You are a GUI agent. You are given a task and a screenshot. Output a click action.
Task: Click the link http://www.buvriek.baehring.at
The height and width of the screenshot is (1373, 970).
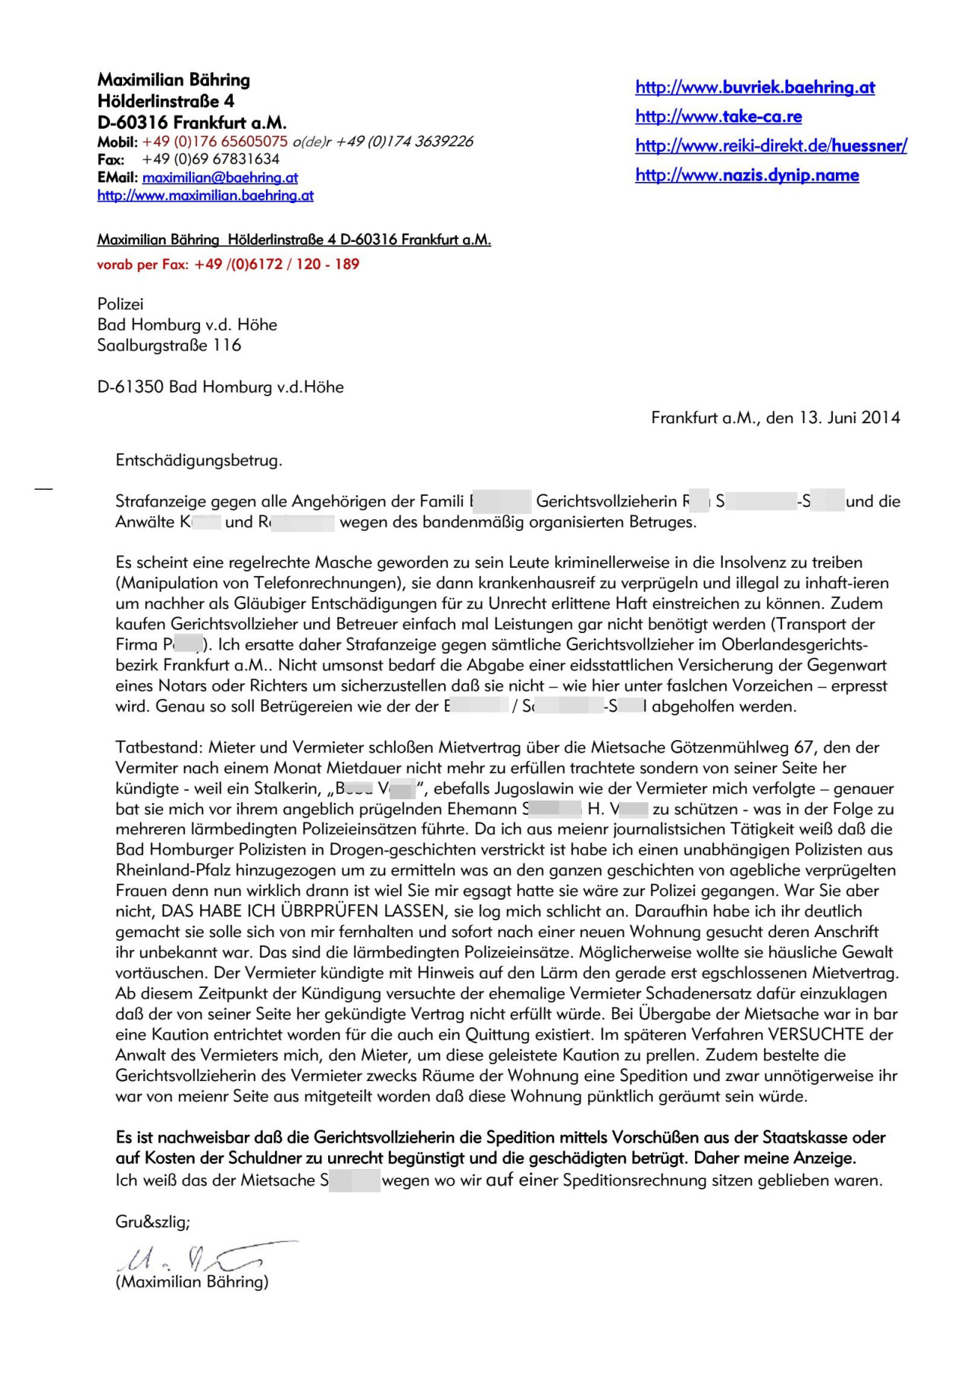click(755, 87)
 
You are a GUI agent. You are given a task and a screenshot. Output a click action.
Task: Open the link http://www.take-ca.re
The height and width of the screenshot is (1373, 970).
click(718, 116)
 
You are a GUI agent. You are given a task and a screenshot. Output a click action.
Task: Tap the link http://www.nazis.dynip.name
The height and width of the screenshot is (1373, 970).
click(747, 175)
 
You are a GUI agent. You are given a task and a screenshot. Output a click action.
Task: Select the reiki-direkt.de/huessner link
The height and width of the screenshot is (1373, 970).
click(771, 146)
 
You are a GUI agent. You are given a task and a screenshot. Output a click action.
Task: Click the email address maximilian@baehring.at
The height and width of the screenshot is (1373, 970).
click(220, 177)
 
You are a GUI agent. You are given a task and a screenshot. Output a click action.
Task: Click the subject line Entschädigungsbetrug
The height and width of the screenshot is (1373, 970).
click(199, 460)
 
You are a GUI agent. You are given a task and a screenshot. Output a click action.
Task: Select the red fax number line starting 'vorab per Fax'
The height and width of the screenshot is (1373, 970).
click(228, 265)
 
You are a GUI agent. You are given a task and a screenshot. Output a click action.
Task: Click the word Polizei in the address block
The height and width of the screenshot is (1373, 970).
click(120, 304)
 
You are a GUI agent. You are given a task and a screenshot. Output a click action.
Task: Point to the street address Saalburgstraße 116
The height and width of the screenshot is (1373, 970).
click(169, 346)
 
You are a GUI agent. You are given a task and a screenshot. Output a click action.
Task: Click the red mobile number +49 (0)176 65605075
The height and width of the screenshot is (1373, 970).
click(214, 142)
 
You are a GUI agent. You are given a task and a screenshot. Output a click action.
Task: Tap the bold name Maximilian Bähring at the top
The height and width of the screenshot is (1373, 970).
click(174, 80)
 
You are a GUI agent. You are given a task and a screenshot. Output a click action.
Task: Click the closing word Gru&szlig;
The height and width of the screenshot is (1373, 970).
click(152, 1222)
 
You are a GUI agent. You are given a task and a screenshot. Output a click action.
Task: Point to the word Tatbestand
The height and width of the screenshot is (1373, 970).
click(158, 748)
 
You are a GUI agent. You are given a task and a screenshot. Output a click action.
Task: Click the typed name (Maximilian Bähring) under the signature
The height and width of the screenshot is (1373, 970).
click(192, 1282)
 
